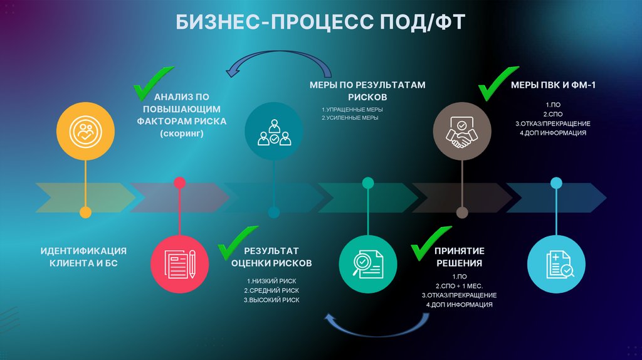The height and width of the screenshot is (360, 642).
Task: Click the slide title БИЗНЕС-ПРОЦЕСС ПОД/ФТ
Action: [x=320, y=24]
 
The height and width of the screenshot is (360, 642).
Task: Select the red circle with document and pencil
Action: [x=180, y=263]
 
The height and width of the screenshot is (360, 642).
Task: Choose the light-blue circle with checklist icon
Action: [x=557, y=263]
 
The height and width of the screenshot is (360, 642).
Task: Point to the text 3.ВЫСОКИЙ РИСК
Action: [x=271, y=300]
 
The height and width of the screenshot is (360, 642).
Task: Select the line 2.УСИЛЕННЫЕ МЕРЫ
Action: [x=349, y=118]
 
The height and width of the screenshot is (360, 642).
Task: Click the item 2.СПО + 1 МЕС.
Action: [x=459, y=286]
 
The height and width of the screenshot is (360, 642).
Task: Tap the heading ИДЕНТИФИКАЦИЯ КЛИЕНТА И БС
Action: [x=83, y=257]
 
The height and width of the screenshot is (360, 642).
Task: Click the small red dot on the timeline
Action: [x=180, y=183]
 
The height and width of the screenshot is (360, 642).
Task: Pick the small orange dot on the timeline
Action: [x=86, y=213]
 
